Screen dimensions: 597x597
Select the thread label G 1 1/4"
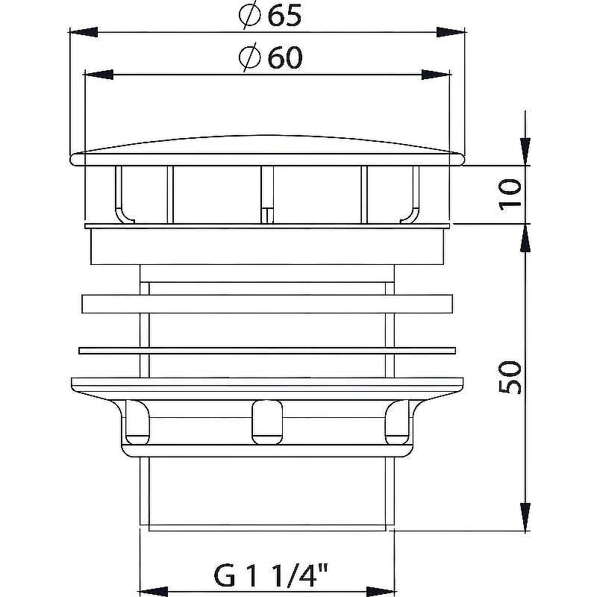pyautogui.click(x=271, y=576)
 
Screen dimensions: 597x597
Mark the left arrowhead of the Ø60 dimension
pyautogui.click(x=99, y=74)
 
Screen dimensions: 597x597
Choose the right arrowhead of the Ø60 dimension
pyautogui.click(x=436, y=74)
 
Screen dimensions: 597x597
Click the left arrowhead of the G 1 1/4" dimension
pyautogui.click(x=154, y=586)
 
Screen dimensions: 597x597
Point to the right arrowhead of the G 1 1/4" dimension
pyautogui.click(x=379, y=586)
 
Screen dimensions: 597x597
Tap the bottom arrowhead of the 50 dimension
pyautogui.click(x=525, y=516)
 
